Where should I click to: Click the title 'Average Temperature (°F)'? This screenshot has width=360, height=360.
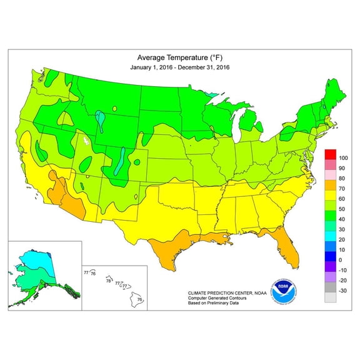179,56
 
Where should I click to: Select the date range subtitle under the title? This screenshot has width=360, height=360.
179,66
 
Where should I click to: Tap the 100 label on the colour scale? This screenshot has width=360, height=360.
342,158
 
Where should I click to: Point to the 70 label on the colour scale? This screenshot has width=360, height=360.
341,188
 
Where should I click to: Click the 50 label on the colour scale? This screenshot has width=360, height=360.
341,209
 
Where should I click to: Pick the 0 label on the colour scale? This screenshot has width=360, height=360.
339,259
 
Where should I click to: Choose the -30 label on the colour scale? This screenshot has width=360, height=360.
342,291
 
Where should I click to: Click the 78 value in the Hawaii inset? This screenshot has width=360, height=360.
109,281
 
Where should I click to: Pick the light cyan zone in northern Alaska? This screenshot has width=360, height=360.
37,257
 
